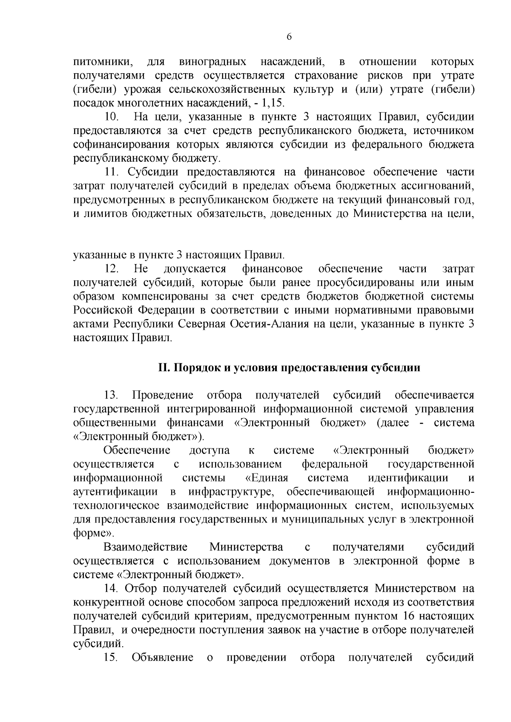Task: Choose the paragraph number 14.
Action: [112, 588]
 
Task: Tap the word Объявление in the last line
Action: [163, 657]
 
